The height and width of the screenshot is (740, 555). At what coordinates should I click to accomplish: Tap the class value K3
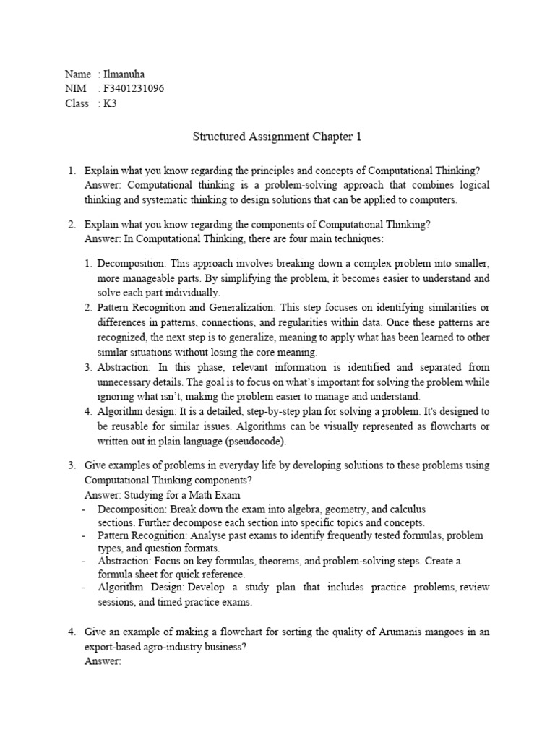[x=111, y=103]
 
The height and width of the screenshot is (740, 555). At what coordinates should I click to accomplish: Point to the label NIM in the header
[x=75, y=88]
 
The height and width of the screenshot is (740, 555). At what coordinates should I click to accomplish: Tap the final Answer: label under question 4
[x=103, y=661]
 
